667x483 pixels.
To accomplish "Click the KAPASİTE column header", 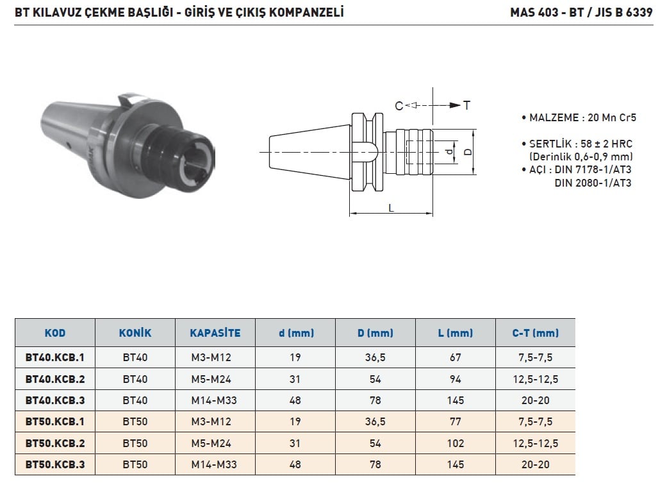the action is click(x=215, y=333).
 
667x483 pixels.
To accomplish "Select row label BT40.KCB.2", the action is click(x=55, y=379).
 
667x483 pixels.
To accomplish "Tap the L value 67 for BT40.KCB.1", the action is click(x=455, y=357).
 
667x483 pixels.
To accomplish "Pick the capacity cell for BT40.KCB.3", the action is click(x=214, y=400).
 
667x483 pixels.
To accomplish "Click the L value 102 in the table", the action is click(x=455, y=443).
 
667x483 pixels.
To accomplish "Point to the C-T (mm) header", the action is click(x=535, y=333).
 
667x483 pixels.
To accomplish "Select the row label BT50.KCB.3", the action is click(x=55, y=464).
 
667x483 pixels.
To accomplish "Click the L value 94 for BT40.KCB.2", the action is click(x=455, y=379).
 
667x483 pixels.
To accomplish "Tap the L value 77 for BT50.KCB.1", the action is click(x=455, y=421).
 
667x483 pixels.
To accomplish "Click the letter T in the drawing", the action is click(x=466, y=105).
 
